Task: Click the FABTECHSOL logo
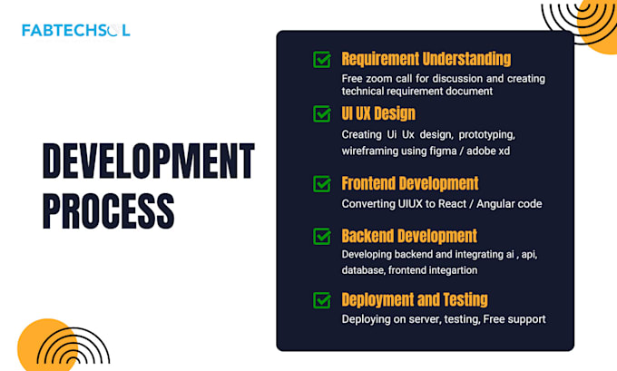[76, 30]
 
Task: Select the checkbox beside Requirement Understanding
[322, 60]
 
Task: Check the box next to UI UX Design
[322, 114]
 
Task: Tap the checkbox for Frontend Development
[322, 184]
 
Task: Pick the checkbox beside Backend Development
[322, 237]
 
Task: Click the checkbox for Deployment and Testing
[322, 300]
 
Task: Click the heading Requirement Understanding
[426, 59]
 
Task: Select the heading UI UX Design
[378, 113]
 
